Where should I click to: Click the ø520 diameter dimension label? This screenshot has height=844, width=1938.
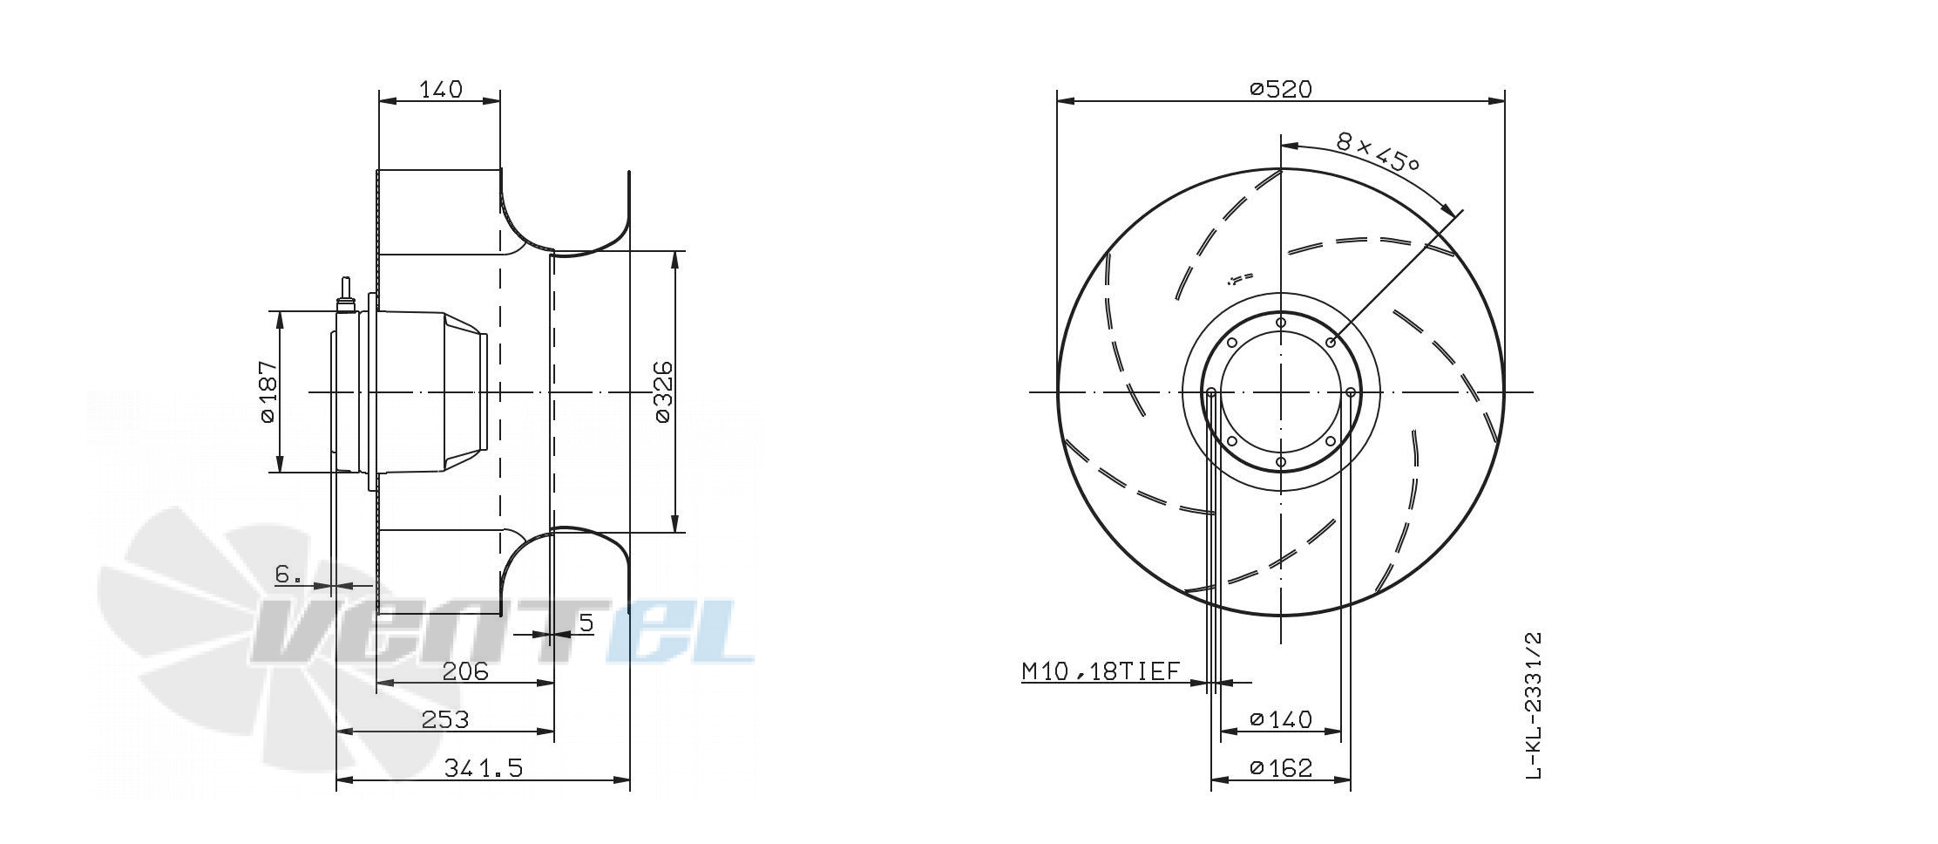1280,89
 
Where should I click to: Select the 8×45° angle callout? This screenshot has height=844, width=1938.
1378,153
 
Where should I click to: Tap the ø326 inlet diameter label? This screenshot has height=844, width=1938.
663,391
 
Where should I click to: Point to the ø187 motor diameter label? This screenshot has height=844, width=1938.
268,391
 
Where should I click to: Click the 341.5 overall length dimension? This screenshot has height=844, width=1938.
484,767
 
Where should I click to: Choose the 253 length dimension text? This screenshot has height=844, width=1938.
445,719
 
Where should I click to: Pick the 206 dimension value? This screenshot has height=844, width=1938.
465,670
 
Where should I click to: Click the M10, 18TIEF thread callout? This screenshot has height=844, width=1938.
1101,670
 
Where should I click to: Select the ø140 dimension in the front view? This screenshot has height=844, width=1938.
1280,719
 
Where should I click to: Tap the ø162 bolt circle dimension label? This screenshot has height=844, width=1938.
1280,767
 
